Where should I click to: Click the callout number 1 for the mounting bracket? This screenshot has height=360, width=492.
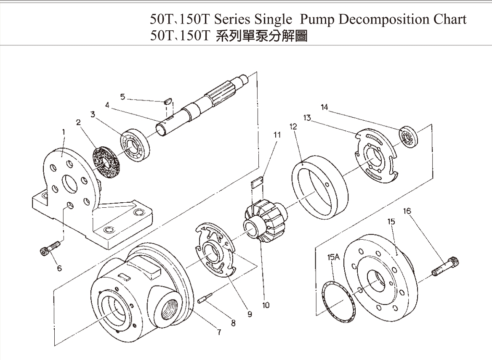tap(64, 132)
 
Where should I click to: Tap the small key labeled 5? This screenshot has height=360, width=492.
tap(167, 101)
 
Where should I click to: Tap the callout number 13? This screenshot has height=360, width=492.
tap(307, 118)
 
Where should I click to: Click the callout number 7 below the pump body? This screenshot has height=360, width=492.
tap(218, 332)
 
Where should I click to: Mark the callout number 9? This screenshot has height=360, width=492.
tap(249, 314)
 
